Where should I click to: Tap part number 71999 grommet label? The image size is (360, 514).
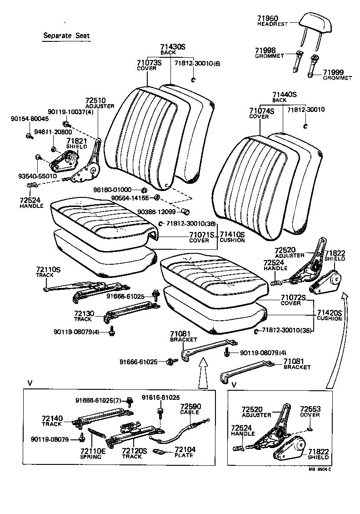(x=333, y=72)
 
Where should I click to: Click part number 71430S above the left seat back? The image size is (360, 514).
(x=173, y=47)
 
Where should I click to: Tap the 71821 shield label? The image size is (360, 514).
(x=76, y=141)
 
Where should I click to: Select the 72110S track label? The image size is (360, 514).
(x=48, y=270)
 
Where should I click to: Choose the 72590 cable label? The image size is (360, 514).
(x=190, y=406)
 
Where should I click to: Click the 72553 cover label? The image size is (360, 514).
(x=310, y=409)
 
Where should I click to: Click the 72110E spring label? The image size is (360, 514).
(x=92, y=451)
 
